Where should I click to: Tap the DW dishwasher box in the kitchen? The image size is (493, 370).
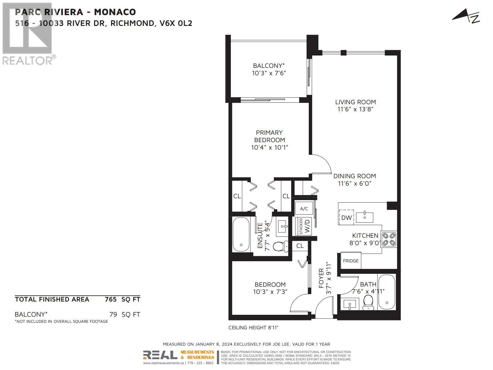point(346,217)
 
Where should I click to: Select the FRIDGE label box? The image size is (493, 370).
point(351,261)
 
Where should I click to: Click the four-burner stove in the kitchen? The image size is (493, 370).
point(389,239)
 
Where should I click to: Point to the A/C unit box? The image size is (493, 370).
point(304,209)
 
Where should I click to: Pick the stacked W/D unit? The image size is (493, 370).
point(304,226)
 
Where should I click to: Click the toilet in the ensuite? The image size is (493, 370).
point(280,246)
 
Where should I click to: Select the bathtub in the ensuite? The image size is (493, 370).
point(241,235)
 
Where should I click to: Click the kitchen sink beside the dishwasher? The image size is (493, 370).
point(365,217)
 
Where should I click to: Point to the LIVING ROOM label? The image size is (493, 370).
point(355,102)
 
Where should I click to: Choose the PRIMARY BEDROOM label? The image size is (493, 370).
point(269,136)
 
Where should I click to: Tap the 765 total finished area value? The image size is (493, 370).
point(111,299)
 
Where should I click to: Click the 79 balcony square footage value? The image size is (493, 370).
point(113,314)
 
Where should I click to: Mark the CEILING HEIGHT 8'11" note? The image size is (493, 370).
point(253,327)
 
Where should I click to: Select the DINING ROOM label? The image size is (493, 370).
point(354,176)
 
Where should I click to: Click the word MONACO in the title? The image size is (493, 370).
point(115,12)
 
